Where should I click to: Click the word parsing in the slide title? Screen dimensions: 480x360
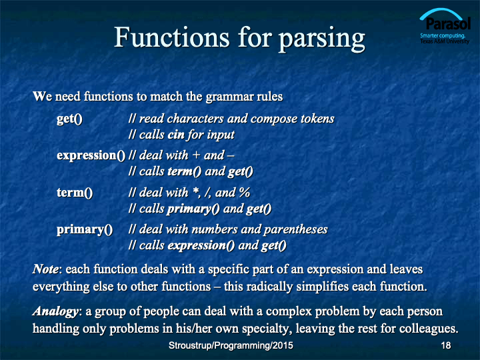(322, 39)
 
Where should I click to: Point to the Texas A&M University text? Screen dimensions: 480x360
(445, 41)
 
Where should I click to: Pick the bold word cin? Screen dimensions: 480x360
(176, 135)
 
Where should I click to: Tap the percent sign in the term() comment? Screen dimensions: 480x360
(245, 193)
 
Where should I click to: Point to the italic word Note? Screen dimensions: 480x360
(45, 269)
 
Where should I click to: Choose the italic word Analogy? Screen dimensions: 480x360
(55, 311)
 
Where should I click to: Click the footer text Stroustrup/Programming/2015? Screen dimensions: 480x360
(231, 345)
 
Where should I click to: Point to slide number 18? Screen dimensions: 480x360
(446, 345)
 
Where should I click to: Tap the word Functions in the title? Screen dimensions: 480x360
(171, 37)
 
